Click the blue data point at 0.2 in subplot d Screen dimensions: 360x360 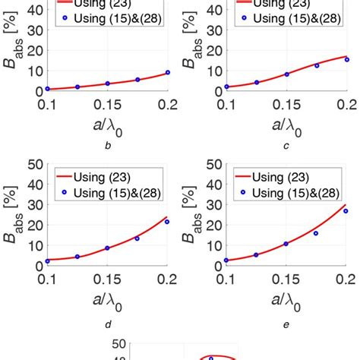click(x=167, y=222)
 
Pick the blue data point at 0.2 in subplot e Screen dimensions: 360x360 click(x=346, y=210)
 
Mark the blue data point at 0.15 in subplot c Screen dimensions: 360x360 click(x=286, y=74)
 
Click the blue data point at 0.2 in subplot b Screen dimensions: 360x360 click(x=167, y=72)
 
